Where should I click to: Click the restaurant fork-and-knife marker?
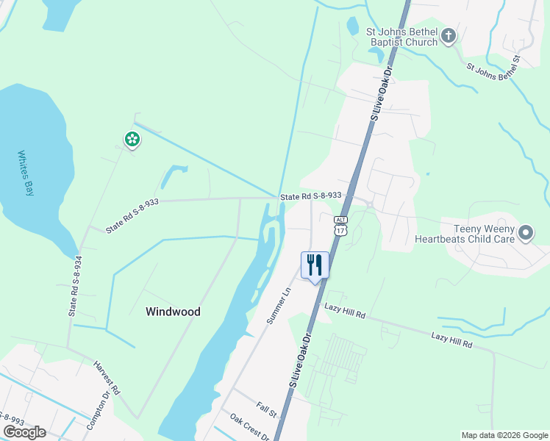(315, 265)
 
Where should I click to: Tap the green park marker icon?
(132, 139)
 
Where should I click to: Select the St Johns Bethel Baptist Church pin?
(449, 37)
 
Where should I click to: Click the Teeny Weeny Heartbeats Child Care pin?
(526, 234)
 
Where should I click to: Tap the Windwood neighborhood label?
(173, 312)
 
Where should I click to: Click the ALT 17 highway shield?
(340, 226)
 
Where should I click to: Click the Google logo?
(24, 431)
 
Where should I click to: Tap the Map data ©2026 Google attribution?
(504, 435)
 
